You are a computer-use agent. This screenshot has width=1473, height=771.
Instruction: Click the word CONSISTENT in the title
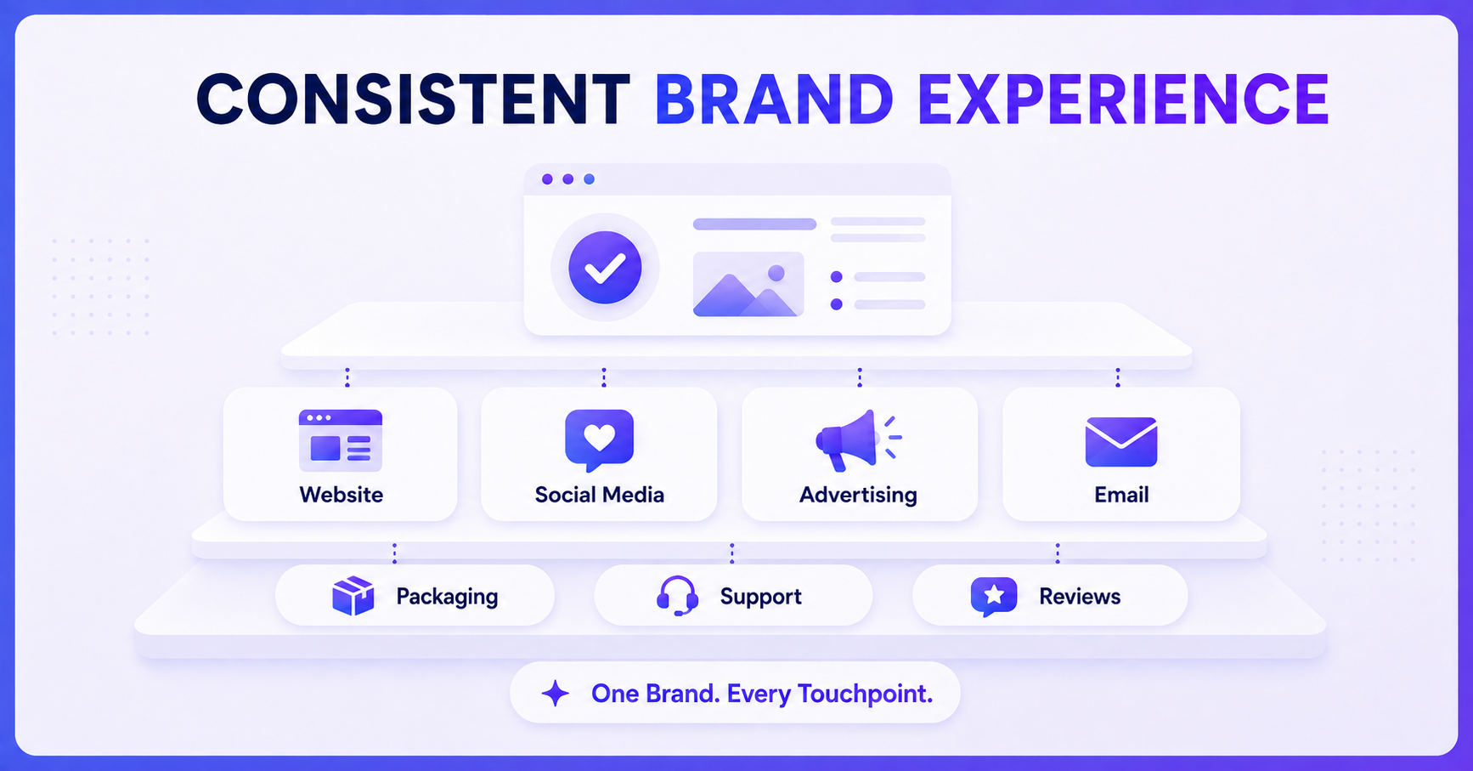click(413, 99)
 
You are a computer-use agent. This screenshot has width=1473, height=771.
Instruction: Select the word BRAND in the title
click(774, 99)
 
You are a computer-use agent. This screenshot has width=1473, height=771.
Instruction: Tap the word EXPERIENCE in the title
click(1123, 99)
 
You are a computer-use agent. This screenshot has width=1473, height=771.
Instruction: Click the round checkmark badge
click(605, 268)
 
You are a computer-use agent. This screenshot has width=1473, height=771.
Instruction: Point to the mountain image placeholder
click(748, 284)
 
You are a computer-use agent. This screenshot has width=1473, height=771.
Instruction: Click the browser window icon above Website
click(341, 440)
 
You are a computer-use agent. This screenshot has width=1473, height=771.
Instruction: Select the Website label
click(341, 495)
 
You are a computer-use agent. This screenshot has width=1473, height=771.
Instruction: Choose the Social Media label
click(600, 495)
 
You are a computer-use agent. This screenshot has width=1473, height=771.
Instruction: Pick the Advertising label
click(858, 496)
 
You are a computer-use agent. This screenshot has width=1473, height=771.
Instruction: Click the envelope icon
click(1121, 442)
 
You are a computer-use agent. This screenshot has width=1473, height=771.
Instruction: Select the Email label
click(1121, 495)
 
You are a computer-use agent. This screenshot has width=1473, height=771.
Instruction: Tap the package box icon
click(353, 596)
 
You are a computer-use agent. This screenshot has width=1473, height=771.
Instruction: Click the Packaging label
click(447, 598)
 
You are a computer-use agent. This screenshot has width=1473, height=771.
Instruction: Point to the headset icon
click(678, 596)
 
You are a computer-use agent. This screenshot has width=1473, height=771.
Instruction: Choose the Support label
click(760, 598)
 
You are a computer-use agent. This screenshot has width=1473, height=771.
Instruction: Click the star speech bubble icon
click(994, 597)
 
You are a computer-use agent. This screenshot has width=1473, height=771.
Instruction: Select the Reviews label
click(1080, 597)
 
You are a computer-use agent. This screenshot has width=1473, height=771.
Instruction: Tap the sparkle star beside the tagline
click(556, 694)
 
